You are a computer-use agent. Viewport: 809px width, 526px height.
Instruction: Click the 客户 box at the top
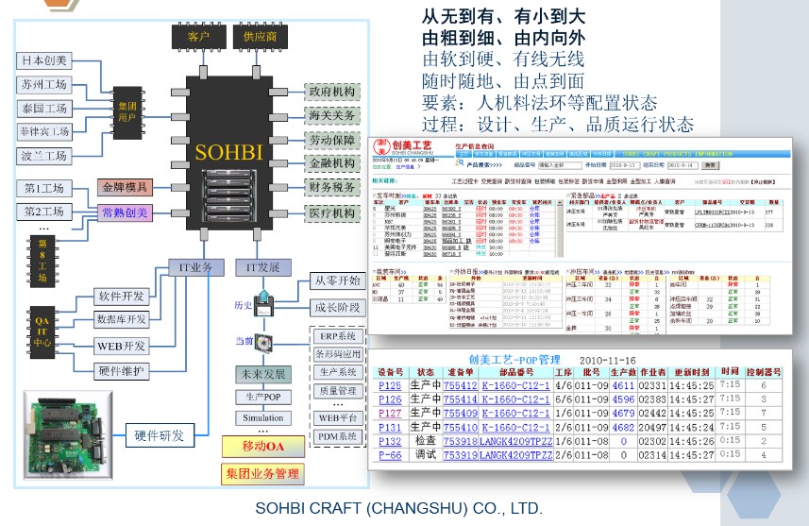(198, 37)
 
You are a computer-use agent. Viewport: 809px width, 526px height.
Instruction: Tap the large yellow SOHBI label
(229, 151)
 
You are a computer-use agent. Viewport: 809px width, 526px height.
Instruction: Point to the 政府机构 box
(331, 92)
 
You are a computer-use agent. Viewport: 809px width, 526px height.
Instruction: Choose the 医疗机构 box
(331, 213)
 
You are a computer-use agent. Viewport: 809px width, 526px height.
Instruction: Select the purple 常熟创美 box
(125, 212)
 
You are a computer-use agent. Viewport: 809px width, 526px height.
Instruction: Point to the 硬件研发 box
(159, 435)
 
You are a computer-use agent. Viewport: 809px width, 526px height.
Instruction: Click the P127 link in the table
(389, 413)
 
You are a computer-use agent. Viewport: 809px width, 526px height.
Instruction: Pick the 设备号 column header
(391, 372)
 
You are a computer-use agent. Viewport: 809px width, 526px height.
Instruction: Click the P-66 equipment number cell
(389, 455)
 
